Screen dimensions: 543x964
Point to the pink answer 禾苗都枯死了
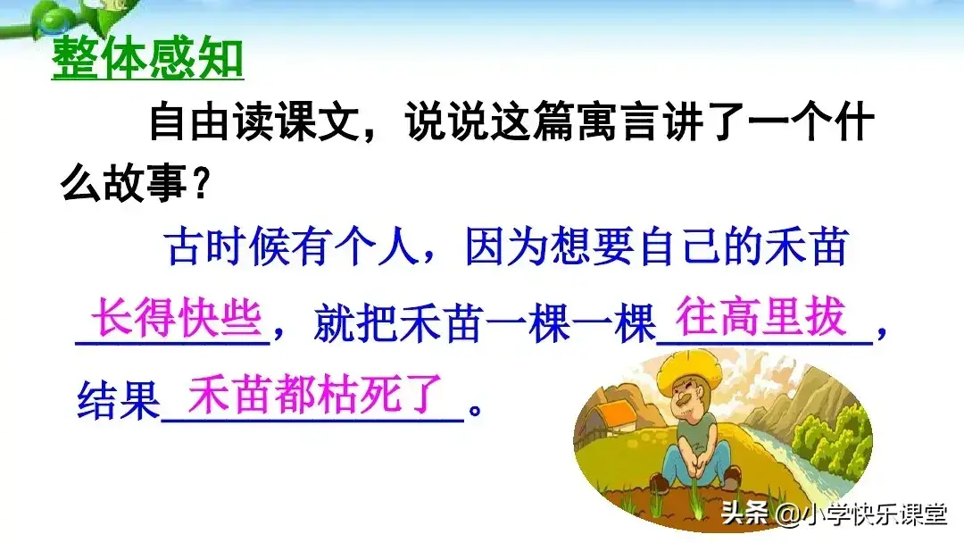click(x=316, y=396)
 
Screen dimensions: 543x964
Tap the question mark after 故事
click(x=202, y=186)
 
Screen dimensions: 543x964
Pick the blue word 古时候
click(x=227, y=248)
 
